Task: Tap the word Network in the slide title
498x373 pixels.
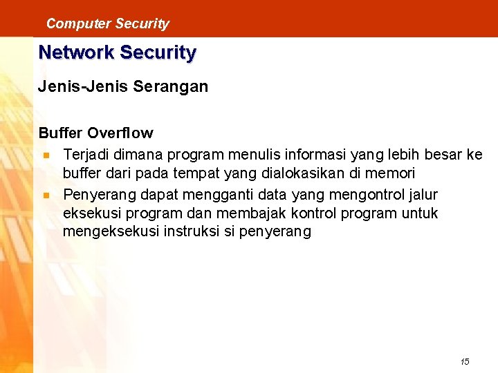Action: tap(76, 52)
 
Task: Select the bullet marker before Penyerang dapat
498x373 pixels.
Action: tap(45, 195)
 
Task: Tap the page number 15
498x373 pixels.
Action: tap(465, 361)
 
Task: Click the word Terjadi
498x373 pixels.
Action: tap(86, 154)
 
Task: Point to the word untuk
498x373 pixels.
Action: tap(418, 213)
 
